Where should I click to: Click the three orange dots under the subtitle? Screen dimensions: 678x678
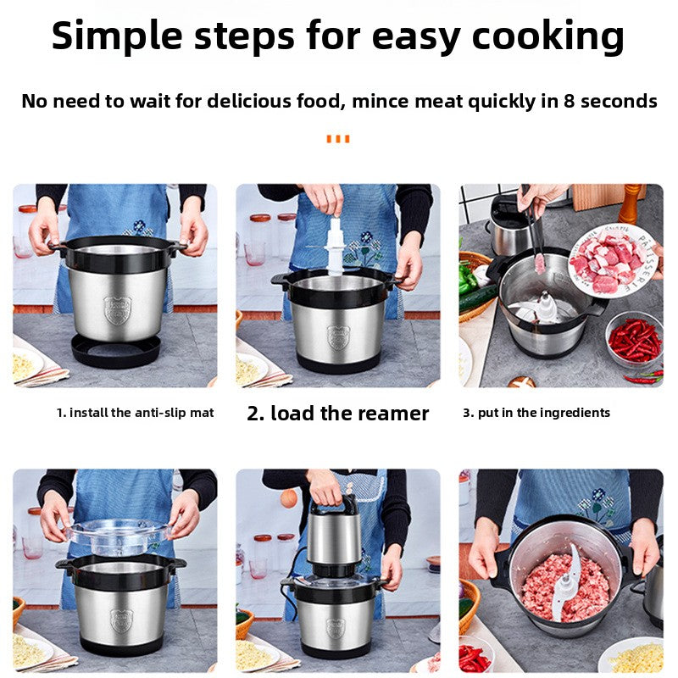pyautogui.click(x=337, y=139)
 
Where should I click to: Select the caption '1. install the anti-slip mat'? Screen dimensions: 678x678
pyautogui.click(x=135, y=413)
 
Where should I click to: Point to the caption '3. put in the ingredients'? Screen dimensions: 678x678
pyautogui.click(x=536, y=413)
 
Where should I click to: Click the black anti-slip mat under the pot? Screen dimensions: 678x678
pyautogui.click(x=115, y=350)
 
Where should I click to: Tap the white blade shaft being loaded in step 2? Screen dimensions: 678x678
pyautogui.click(x=336, y=246)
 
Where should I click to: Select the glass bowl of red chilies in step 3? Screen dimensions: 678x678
pyautogui.click(x=634, y=339)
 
